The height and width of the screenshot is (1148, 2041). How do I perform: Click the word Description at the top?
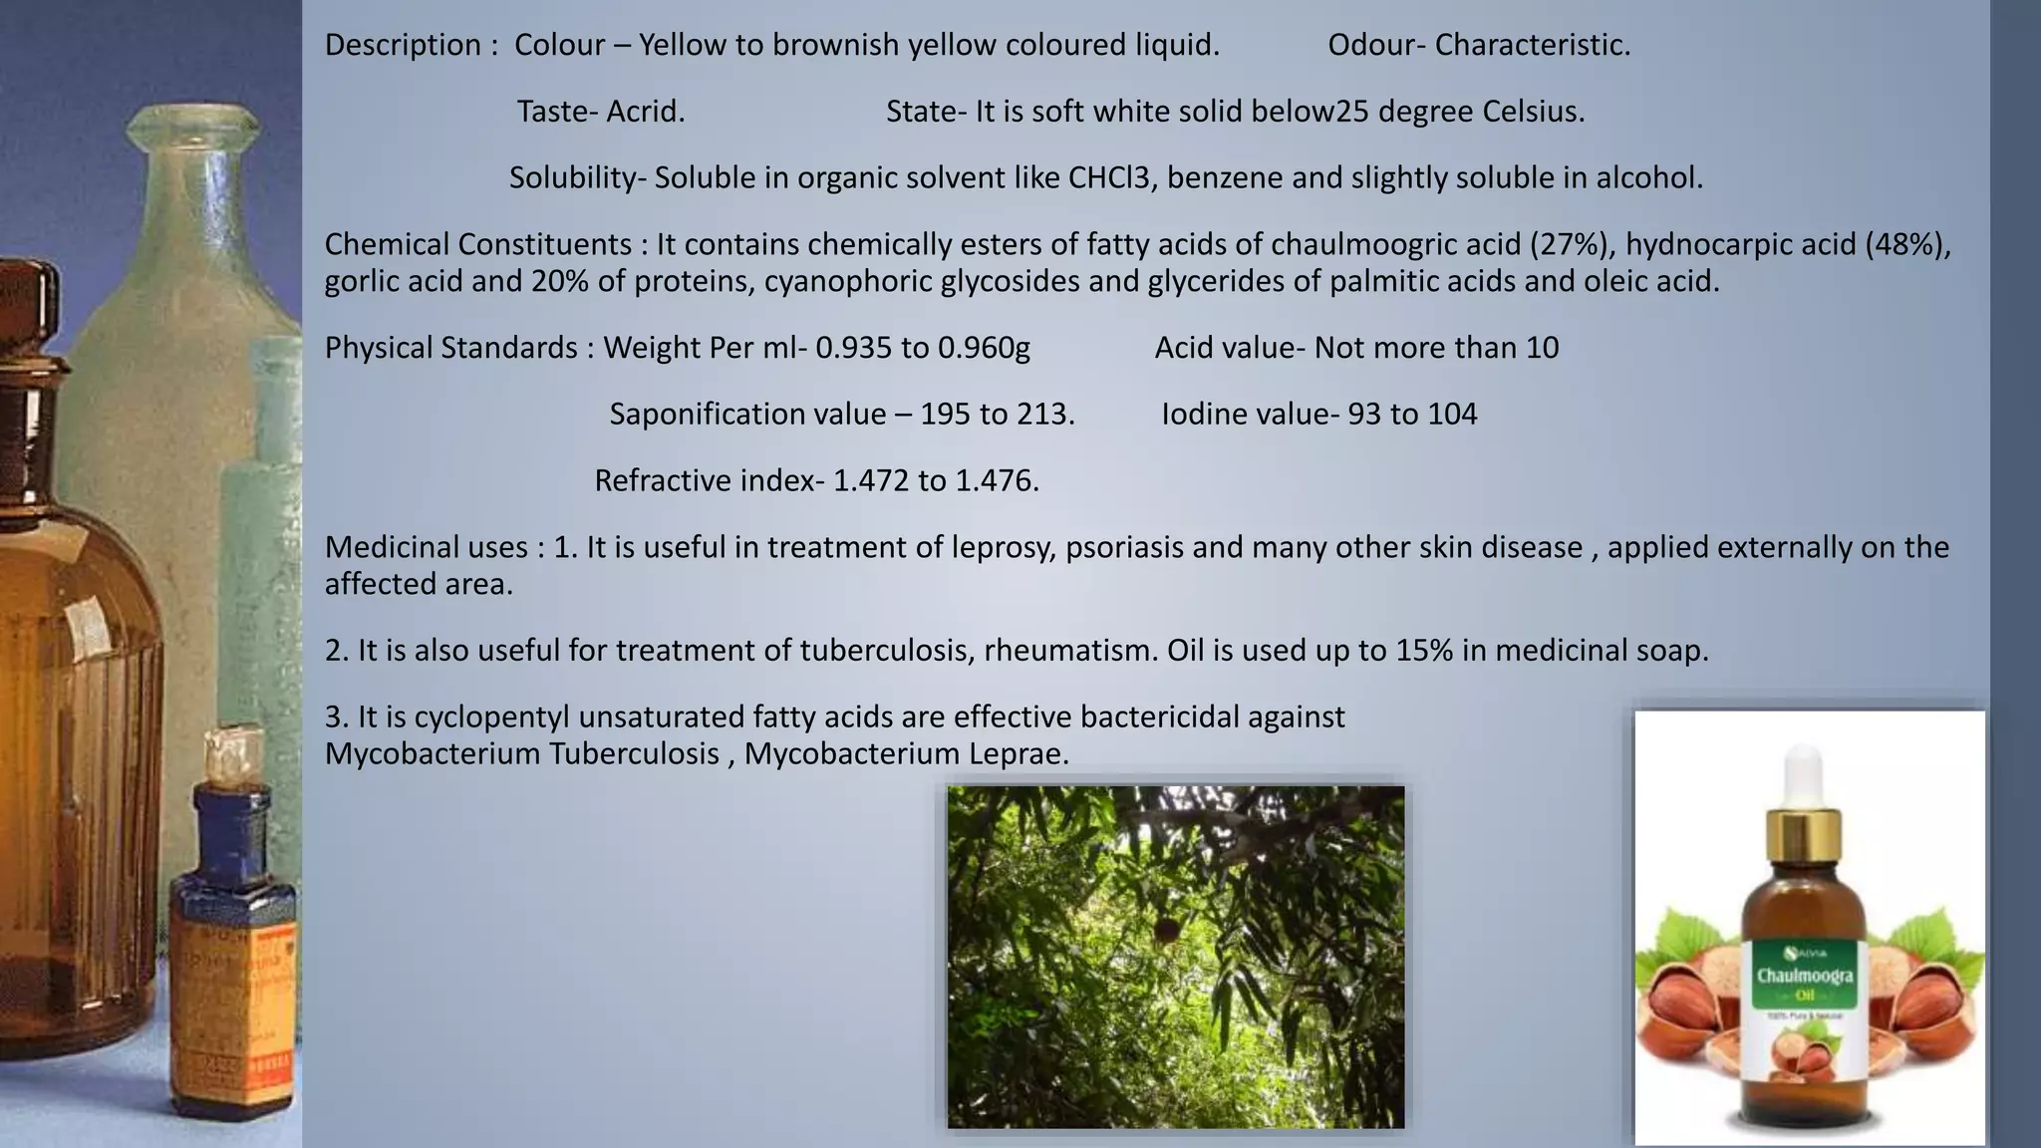(x=403, y=46)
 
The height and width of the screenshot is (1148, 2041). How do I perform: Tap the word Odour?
(x=1371, y=46)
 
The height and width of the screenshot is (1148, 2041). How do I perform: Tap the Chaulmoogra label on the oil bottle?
(x=1805, y=975)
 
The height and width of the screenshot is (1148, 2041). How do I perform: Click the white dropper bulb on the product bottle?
(x=1806, y=772)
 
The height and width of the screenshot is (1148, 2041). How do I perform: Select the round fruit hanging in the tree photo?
(x=1167, y=931)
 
